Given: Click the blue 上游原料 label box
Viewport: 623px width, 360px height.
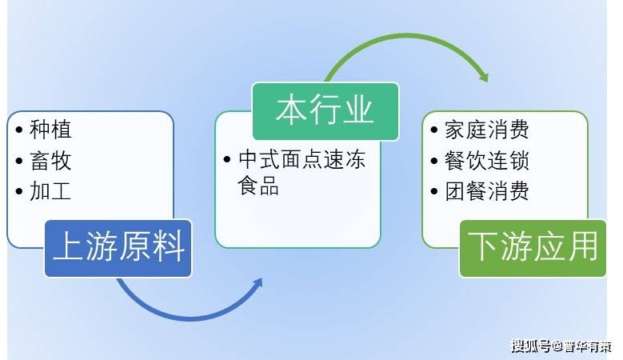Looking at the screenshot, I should tap(118, 248).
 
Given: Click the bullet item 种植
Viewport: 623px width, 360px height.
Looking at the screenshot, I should tap(50, 130).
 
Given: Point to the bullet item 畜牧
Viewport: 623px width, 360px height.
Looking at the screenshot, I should tap(50, 161).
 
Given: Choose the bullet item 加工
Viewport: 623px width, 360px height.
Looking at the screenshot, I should tap(50, 192).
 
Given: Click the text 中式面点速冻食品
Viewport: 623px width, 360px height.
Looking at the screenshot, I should tap(301, 172).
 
